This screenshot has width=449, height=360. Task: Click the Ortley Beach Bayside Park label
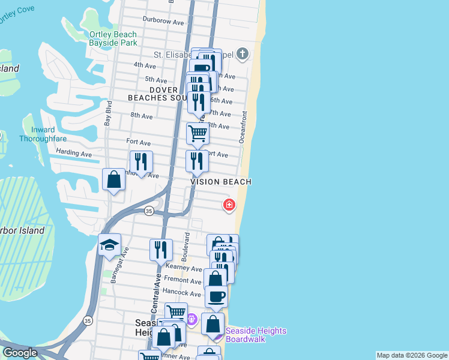(113, 39)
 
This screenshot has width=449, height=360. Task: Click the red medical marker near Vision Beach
(229, 205)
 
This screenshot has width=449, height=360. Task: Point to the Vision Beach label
(221, 182)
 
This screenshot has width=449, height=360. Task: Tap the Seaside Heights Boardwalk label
(256, 335)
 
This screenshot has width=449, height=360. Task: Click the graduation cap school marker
(110, 245)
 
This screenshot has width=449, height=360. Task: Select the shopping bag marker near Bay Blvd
(113, 179)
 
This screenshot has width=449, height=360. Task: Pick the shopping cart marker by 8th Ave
(197, 133)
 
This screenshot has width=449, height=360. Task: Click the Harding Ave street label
(74, 154)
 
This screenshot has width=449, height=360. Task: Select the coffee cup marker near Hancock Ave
(216, 296)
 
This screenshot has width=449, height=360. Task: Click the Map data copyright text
(411, 355)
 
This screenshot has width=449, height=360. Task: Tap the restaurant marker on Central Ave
(160, 250)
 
